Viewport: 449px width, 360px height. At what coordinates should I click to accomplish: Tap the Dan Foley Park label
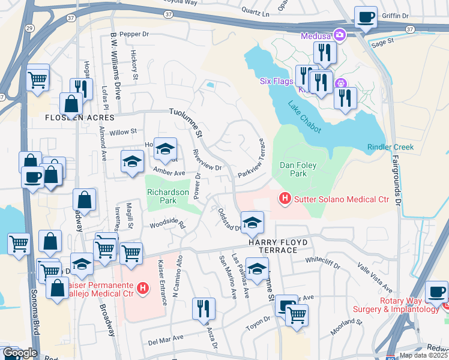click(x=294, y=169)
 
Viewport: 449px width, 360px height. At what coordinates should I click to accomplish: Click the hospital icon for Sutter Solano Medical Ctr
click(x=285, y=197)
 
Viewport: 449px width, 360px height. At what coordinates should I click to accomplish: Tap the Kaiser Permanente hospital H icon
click(x=143, y=289)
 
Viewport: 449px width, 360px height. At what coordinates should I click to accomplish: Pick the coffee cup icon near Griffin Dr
click(x=365, y=18)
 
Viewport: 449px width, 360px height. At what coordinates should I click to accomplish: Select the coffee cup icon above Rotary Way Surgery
click(x=436, y=292)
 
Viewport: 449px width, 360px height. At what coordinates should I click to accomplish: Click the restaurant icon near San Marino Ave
click(x=203, y=308)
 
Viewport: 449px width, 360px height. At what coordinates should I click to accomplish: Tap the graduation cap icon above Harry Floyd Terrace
click(x=253, y=222)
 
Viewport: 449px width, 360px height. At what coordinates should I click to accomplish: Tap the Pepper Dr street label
click(x=133, y=34)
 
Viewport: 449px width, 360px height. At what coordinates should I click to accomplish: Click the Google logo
click(x=20, y=353)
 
